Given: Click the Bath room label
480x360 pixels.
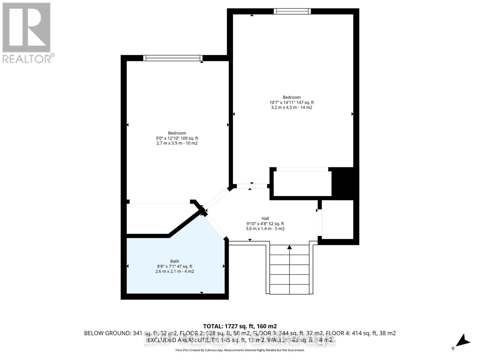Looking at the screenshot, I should coord(175,261).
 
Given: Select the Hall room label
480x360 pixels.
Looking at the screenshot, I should coord(265,218).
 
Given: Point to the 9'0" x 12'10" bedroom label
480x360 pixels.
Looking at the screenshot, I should coord(177,138).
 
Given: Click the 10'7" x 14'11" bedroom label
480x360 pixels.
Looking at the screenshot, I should coord(292,102).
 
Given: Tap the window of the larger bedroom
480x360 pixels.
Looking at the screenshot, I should coord(292,11).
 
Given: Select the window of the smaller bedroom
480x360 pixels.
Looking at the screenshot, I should coord(173,58).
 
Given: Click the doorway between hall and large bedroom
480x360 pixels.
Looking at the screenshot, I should coord(251,186).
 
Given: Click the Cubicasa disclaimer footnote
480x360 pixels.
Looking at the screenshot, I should coord(240,350).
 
